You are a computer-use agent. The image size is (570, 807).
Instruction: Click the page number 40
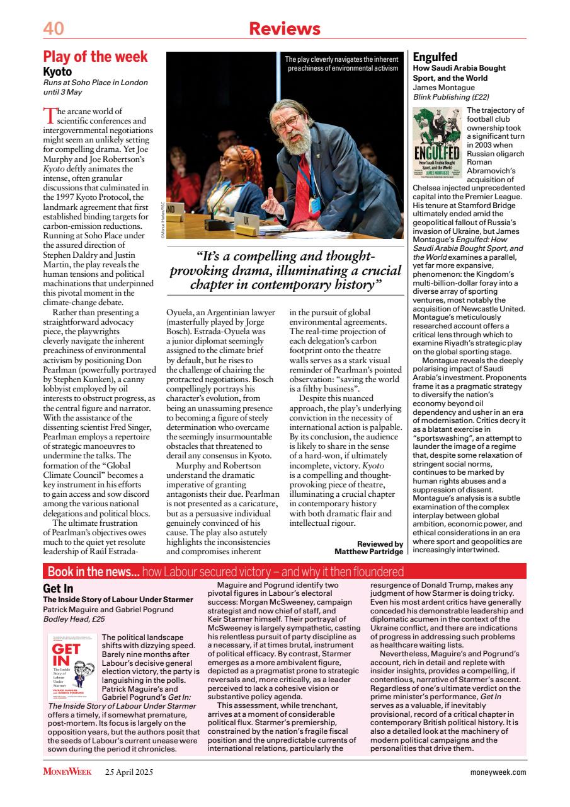click(54, 28)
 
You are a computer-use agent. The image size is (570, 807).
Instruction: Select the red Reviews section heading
click(285, 28)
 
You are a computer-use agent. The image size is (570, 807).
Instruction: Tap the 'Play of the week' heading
click(95, 57)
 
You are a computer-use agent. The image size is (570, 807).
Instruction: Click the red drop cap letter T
click(49, 115)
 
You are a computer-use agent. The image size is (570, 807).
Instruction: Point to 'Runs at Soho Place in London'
click(95, 83)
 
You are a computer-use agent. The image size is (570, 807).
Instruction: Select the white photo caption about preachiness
click(343, 64)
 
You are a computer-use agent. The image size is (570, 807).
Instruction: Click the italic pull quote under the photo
click(285, 271)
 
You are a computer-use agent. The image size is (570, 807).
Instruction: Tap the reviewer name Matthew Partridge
click(368, 551)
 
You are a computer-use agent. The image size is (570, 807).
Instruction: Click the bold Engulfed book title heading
click(435, 57)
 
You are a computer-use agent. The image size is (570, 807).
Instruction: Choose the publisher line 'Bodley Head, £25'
click(74, 619)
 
